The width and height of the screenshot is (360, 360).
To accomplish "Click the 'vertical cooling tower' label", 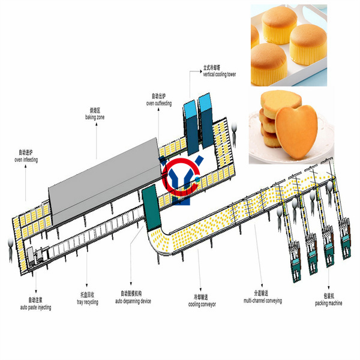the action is [219, 74].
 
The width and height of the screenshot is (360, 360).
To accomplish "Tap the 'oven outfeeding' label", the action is [159, 103].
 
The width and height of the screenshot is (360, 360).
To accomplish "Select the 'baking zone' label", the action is [95, 117].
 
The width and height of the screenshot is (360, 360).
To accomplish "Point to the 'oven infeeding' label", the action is [26, 160].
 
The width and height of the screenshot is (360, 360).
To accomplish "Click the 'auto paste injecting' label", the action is [35, 307].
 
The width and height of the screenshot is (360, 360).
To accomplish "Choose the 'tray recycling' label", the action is [88, 302].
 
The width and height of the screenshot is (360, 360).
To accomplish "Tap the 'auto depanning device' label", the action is [133, 301].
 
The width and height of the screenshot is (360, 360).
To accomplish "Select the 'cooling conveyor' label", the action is [202, 304].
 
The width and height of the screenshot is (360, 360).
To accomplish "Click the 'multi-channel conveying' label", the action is [263, 301].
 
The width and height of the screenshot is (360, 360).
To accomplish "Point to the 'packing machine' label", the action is [329, 303].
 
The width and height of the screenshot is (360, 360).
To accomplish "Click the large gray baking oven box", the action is [104, 181].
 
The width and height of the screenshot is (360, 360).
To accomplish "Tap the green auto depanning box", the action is [151, 208].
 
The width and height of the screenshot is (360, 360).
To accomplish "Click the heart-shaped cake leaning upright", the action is [296, 131].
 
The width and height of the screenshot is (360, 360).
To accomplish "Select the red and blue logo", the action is [182, 179].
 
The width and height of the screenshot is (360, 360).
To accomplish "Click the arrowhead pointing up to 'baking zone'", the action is [97, 124].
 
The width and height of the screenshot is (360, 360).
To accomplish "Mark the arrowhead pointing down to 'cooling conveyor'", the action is [200, 290].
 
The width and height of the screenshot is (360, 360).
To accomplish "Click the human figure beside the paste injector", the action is [11, 250].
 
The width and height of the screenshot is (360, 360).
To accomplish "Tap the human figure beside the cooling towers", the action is [234, 135].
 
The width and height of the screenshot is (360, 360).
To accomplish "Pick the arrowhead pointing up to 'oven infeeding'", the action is [25, 166].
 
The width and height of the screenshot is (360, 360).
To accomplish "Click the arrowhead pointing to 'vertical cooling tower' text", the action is [200, 71].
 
